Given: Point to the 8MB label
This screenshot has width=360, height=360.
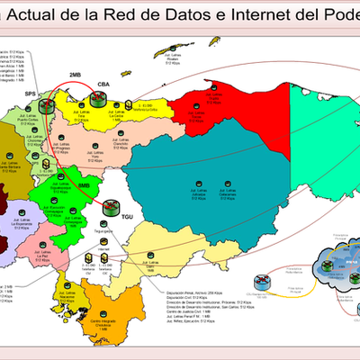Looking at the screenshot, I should point(85,186).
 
